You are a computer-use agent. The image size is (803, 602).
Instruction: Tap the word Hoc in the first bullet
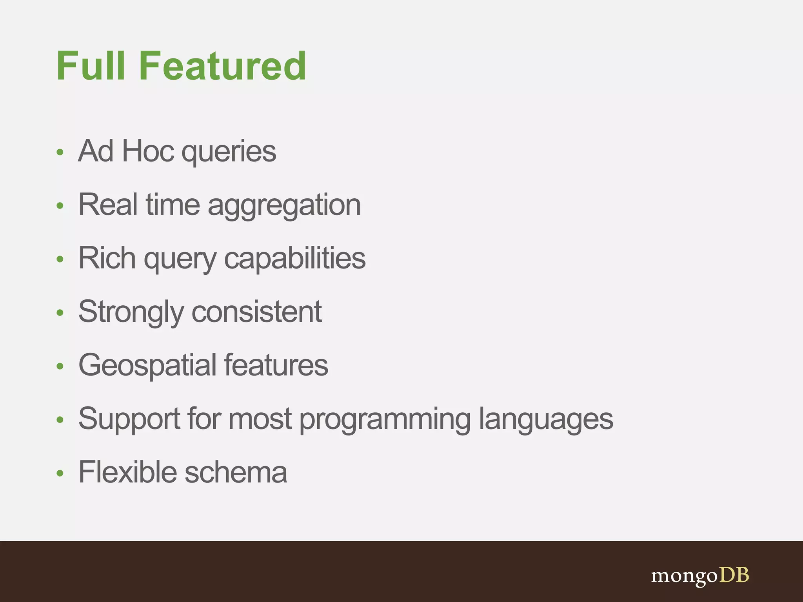click(x=148, y=151)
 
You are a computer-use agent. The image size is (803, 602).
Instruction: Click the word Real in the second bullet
click(x=108, y=205)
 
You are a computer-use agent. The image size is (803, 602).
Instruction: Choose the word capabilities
click(x=294, y=259)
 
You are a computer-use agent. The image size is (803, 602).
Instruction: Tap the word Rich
click(x=107, y=258)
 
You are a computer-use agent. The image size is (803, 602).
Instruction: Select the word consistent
click(x=257, y=312)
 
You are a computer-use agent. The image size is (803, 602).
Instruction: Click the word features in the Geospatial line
click(x=276, y=365)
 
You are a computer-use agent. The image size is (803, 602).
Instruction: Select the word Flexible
click(x=127, y=472)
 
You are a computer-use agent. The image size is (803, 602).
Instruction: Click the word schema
click(x=236, y=472)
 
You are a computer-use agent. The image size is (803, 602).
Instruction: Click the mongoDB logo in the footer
click(x=700, y=576)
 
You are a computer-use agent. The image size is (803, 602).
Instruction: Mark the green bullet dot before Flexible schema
click(x=60, y=473)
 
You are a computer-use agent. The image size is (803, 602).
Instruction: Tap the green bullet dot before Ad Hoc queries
click(x=60, y=152)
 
